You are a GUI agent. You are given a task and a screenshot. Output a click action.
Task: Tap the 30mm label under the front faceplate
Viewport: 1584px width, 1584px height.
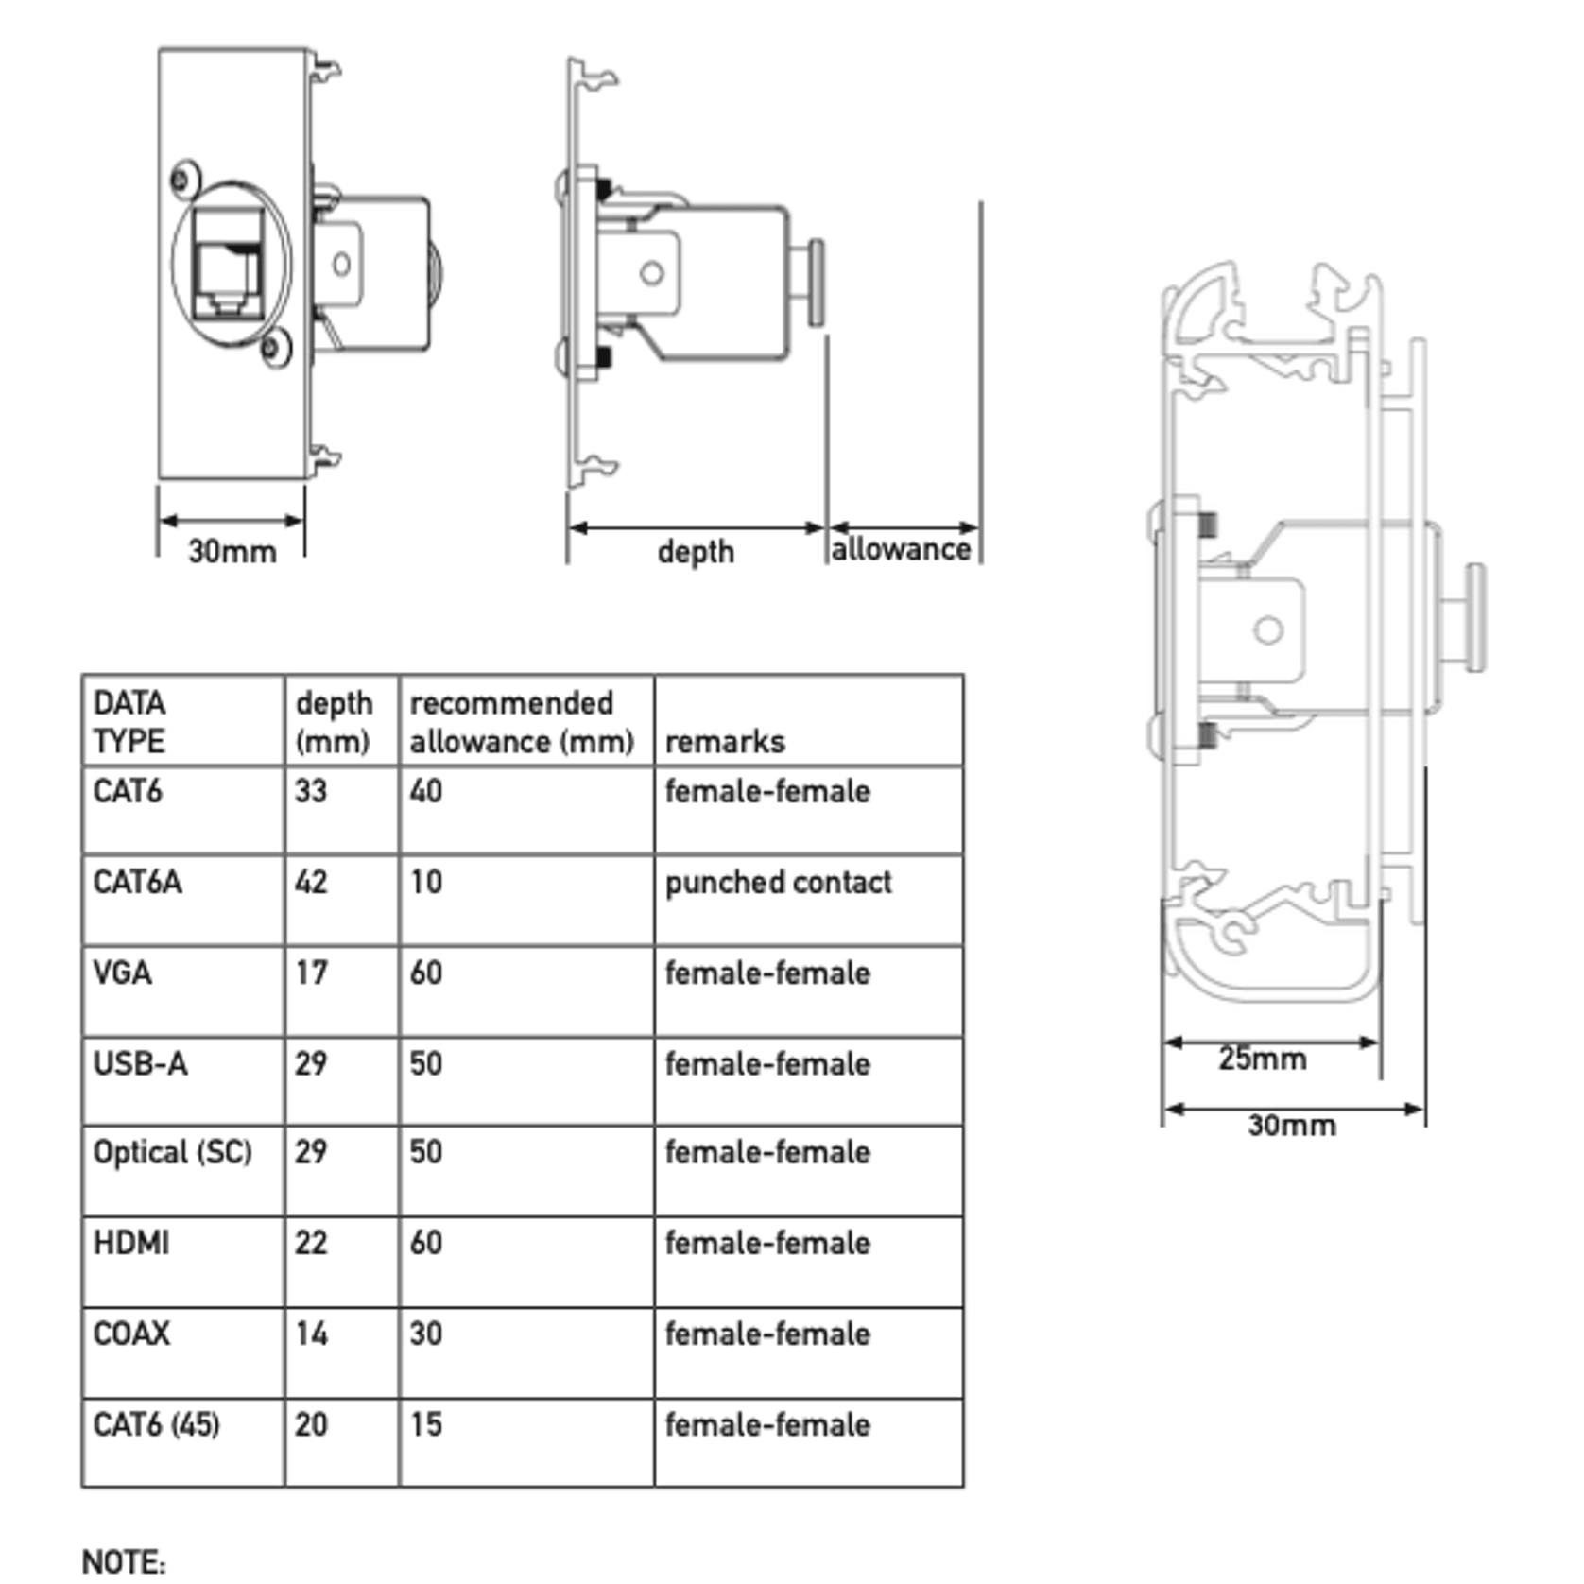[232, 551]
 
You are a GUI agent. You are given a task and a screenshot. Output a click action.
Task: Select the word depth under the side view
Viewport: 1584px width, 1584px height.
[696, 552]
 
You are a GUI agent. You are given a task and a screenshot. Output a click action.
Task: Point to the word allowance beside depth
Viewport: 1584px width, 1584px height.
[901, 549]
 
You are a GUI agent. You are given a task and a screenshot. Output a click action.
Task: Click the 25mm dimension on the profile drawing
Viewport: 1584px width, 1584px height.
[1262, 1059]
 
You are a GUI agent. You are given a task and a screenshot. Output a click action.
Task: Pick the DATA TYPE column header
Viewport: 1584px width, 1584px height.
[129, 722]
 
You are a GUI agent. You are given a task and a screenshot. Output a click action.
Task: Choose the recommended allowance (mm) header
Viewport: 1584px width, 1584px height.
[522, 722]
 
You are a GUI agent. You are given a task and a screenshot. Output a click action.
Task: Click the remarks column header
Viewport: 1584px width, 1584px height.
[725, 742]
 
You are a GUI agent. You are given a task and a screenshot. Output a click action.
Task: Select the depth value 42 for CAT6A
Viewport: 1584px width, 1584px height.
[311, 882]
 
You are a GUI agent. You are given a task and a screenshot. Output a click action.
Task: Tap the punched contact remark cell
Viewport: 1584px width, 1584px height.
[778, 882]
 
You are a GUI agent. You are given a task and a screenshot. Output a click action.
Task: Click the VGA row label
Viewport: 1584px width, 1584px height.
[122, 973]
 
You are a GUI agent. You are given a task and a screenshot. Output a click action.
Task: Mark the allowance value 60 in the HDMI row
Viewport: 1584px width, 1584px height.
[425, 1242]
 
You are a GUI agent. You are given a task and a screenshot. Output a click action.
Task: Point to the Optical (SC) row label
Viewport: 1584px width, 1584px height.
[172, 1152]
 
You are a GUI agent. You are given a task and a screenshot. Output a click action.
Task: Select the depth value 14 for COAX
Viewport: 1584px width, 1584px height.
[311, 1334]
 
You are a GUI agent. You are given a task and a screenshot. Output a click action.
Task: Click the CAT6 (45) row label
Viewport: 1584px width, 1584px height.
[156, 1424]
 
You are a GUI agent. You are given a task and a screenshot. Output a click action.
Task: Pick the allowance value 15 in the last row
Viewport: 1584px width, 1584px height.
[425, 1424]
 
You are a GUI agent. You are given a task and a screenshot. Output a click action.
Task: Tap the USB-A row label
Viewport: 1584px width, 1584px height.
[140, 1063]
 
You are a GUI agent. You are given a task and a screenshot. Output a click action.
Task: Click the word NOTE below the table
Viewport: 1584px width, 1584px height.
[124, 1561]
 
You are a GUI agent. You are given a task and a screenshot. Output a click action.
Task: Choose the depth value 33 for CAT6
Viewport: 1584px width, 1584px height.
[311, 791]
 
